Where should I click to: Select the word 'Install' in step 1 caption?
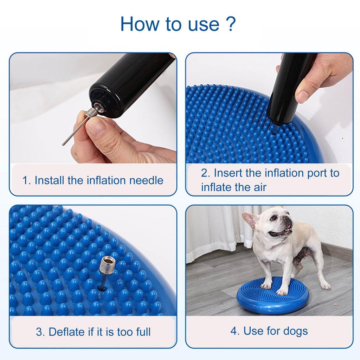[x=50, y=180]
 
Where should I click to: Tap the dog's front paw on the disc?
[x=282, y=291]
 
